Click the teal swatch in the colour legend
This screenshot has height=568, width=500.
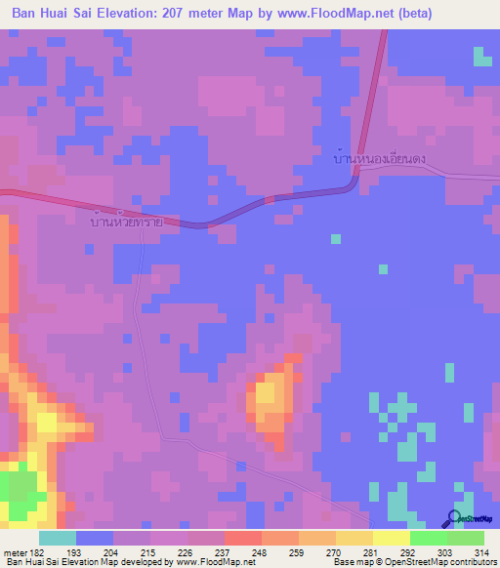pyautogui.click(x=58, y=538)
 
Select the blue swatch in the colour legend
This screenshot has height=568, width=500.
pyautogui.click(x=95, y=538)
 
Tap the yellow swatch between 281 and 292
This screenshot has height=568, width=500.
pyautogui.click(x=392, y=538)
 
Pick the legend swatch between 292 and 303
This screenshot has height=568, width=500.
pyautogui.click(x=429, y=538)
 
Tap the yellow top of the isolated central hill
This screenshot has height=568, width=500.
pyautogui.click(x=264, y=395)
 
